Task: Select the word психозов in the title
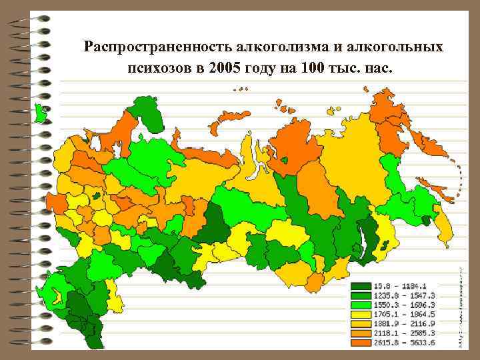click(x=155, y=69)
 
